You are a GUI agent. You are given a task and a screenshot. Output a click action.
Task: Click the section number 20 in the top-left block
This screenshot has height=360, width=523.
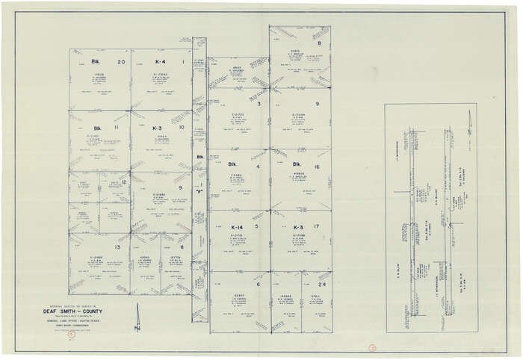pyautogui.click(x=121, y=62)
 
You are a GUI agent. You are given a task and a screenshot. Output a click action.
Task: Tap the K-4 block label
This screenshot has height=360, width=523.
pyautogui.click(x=160, y=62)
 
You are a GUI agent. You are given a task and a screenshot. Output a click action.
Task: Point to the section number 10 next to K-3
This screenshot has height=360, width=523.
pyautogui.click(x=182, y=128)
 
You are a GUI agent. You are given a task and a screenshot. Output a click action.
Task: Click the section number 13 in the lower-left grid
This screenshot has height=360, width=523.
pyautogui.click(x=117, y=246)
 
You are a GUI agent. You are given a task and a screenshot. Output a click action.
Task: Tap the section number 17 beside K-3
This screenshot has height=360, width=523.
pyautogui.click(x=318, y=227)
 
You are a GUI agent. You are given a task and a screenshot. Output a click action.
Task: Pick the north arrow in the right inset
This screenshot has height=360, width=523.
pyautogui.click(x=468, y=120)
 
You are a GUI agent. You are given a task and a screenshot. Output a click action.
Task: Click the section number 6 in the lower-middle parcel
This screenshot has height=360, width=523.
pyautogui.click(x=257, y=285)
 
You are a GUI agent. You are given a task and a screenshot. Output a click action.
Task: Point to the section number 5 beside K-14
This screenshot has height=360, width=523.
pyautogui.click(x=257, y=227)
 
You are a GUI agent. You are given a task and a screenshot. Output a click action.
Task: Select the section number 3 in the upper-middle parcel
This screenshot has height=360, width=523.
pyautogui.click(x=259, y=105)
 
